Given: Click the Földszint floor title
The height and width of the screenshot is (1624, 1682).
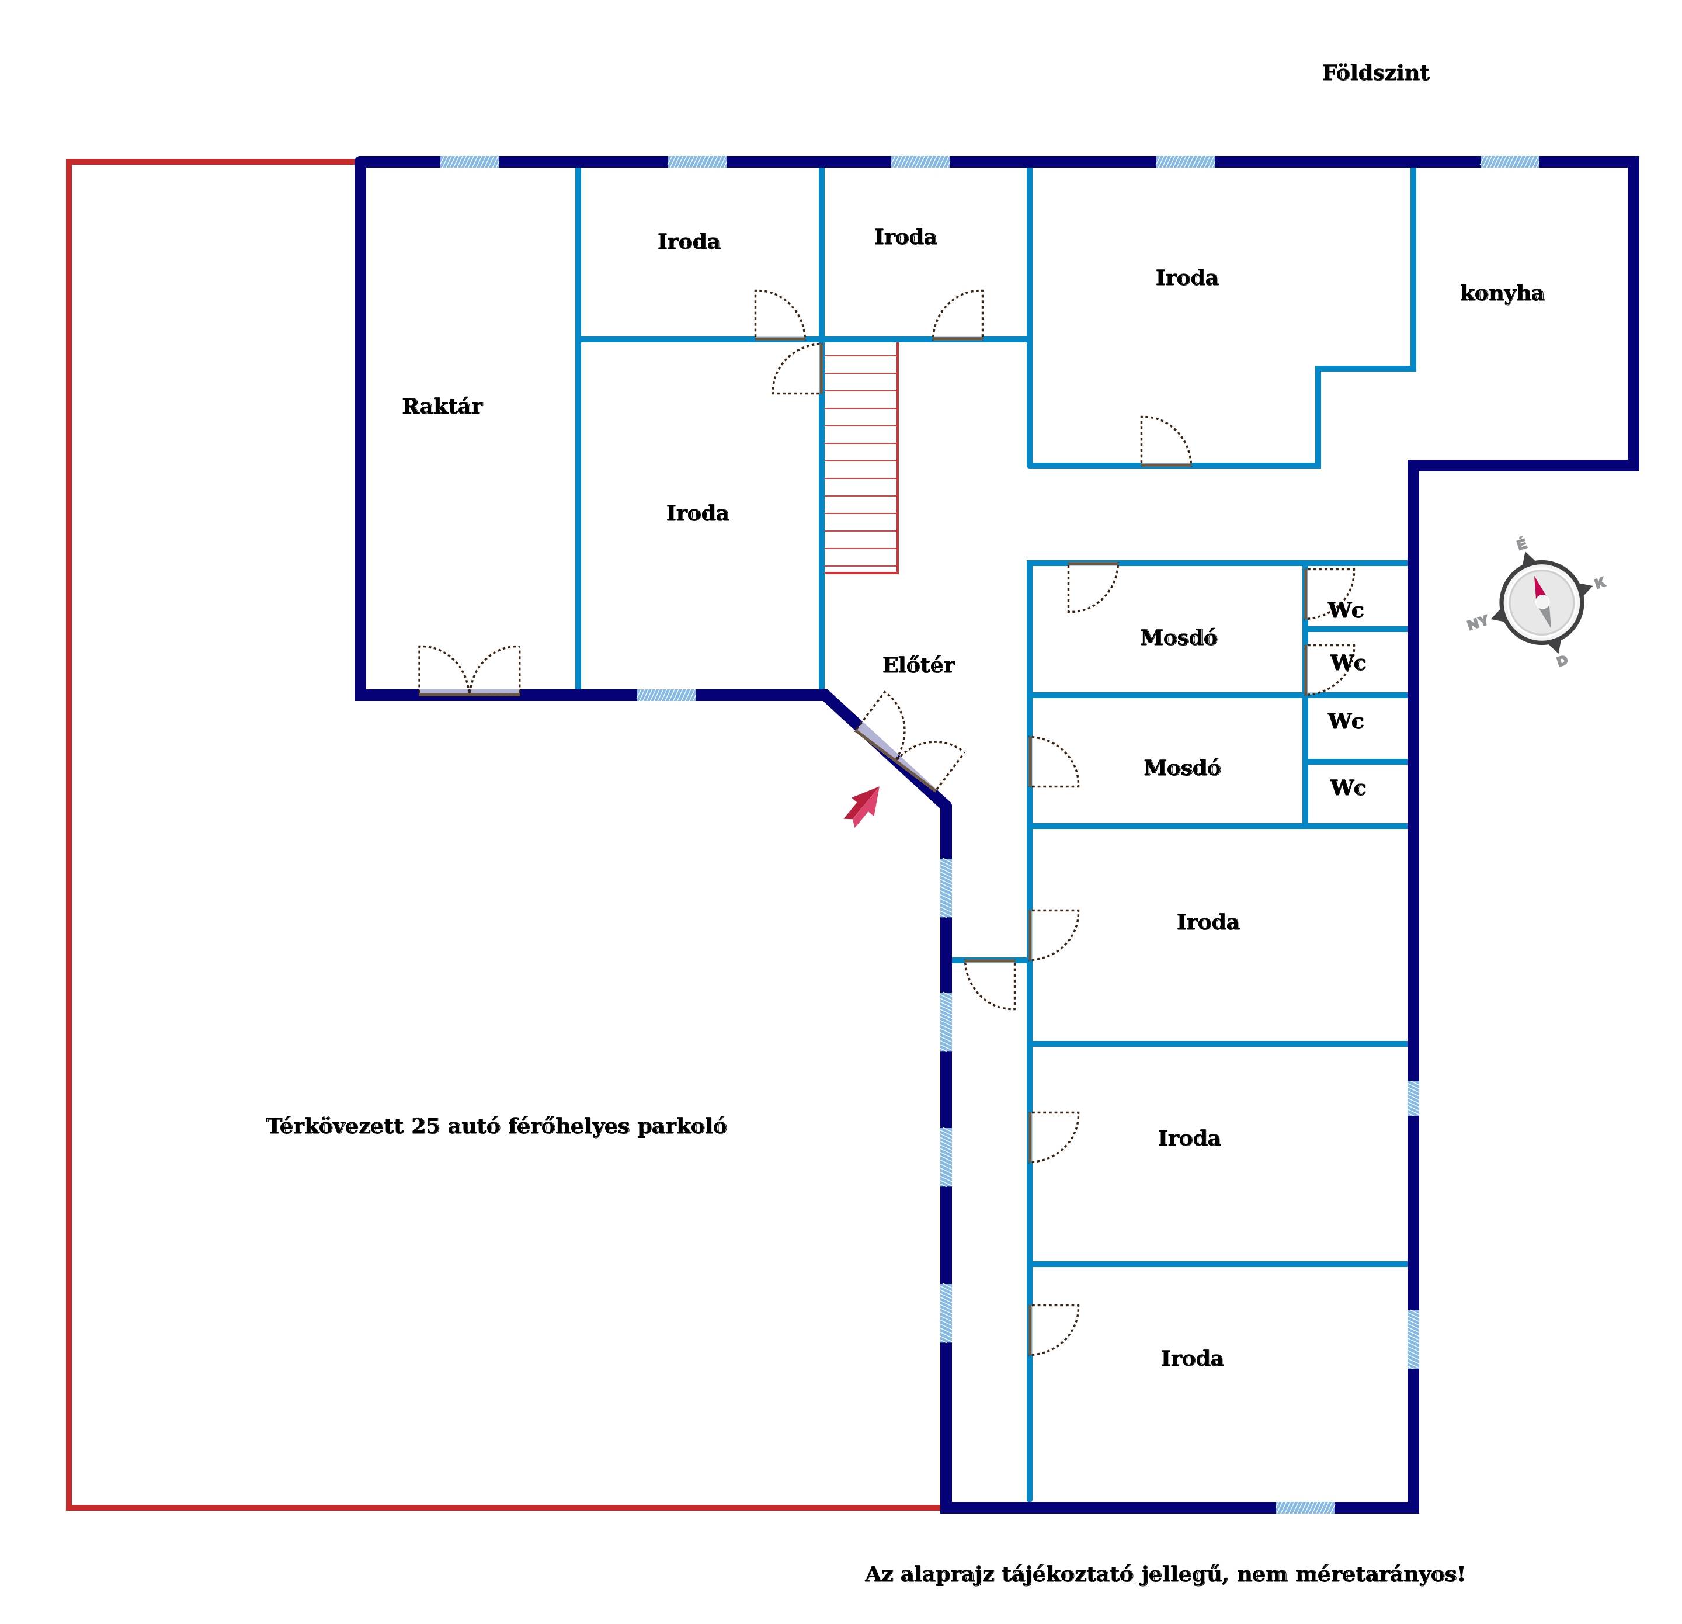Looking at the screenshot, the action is (x=1375, y=73).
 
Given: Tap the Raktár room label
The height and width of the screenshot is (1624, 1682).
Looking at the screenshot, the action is (x=442, y=406).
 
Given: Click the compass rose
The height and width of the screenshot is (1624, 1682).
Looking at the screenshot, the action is (x=1541, y=602).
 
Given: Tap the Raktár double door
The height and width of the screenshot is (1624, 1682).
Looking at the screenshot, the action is (x=470, y=671).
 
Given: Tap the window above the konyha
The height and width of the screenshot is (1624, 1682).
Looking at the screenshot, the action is (x=1510, y=161).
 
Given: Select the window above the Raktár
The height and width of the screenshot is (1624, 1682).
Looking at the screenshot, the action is (x=470, y=161).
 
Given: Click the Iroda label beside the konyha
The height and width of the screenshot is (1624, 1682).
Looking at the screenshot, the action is (x=1187, y=277).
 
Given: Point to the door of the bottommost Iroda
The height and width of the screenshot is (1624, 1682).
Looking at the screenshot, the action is (x=1054, y=1330).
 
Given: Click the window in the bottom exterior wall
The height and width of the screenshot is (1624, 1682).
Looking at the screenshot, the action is (x=1305, y=1507).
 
